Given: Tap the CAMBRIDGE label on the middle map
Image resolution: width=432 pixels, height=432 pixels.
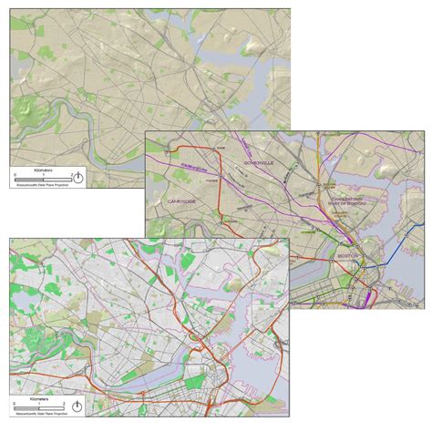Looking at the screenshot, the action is (x=183, y=201).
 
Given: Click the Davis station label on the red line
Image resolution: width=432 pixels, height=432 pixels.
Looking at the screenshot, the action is (x=220, y=149).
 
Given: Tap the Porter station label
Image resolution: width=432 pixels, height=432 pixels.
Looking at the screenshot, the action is (x=217, y=178).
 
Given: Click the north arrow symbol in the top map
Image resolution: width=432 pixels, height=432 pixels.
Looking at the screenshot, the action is (x=79, y=177).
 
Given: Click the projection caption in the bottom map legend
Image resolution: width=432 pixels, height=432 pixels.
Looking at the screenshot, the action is (x=40, y=415).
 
